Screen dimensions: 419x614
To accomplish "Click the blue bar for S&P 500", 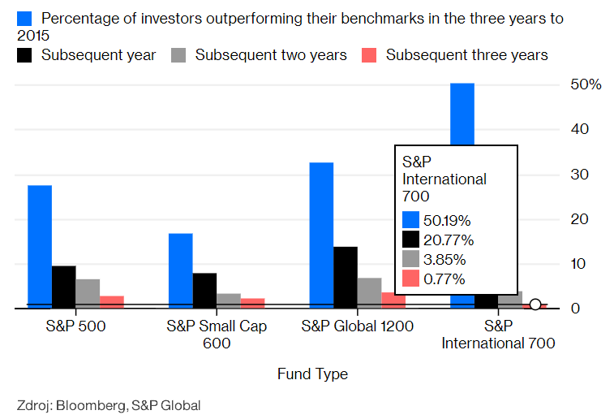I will pyautogui.click(x=40, y=247).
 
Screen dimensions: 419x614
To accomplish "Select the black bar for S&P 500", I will pyautogui.click(x=64, y=287).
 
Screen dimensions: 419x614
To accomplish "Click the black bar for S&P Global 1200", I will pyautogui.click(x=346, y=278).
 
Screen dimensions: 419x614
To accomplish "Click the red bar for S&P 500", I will pyautogui.click(x=112, y=302).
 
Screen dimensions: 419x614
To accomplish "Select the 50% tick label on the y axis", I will pyautogui.click(x=586, y=84).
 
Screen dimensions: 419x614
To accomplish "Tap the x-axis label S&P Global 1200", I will pyautogui.click(x=358, y=326).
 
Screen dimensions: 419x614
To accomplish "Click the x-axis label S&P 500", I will pyautogui.click(x=75, y=326).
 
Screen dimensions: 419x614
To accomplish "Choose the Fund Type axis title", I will pyautogui.click(x=312, y=374).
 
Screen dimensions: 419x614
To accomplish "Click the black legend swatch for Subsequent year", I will pyautogui.click(x=24, y=55).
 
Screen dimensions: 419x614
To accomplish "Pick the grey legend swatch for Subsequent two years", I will pyautogui.click(x=178, y=55).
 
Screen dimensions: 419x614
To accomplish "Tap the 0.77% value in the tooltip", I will pyautogui.click(x=445, y=279).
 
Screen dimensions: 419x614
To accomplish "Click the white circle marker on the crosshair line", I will pyautogui.click(x=535, y=305).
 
